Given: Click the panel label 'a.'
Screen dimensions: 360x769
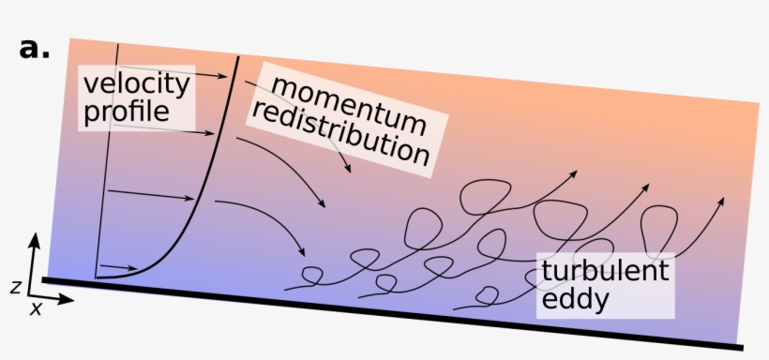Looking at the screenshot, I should pos(34,49).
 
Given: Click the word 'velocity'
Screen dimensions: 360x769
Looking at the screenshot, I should pos(136,84).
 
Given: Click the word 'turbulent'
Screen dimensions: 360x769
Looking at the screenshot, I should pos(605,273).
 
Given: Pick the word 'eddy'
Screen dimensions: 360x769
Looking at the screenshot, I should pos(575,301).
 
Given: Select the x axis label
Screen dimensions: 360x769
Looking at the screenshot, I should pos(36,308).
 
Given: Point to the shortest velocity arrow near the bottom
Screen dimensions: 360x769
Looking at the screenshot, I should pos(120,268).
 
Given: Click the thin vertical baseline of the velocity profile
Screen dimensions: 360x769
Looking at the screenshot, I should pos(107,159).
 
